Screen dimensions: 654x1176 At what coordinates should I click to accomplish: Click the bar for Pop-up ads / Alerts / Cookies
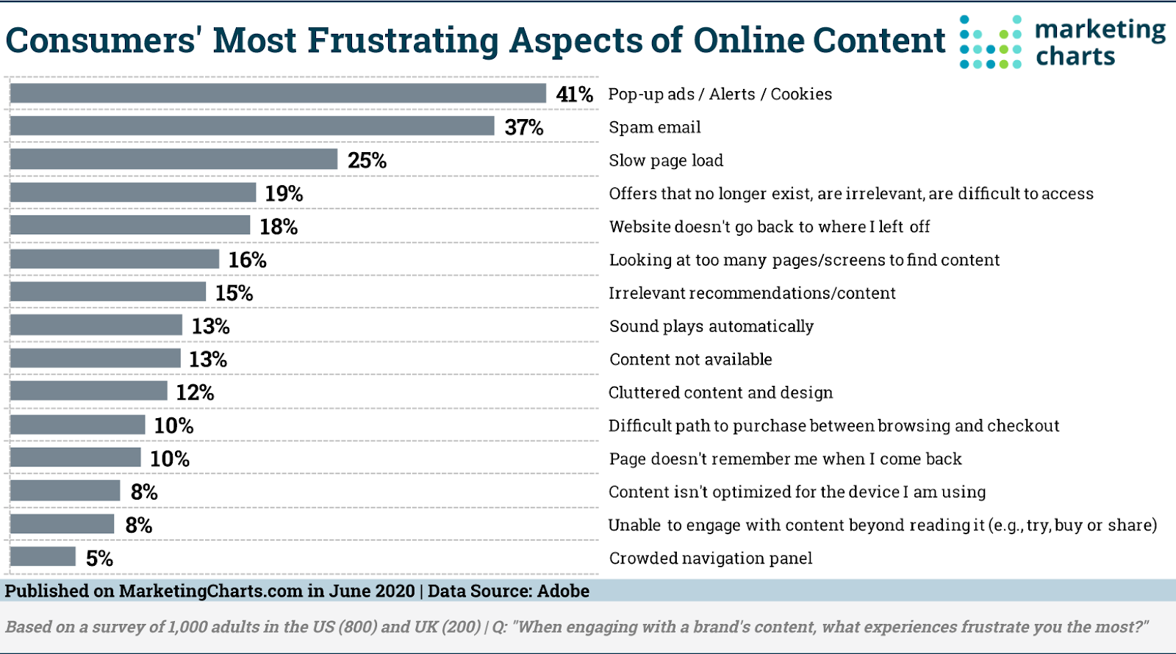tap(278, 93)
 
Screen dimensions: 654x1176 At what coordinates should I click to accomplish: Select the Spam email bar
tap(252, 126)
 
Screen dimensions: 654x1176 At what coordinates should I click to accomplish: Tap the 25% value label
tap(367, 160)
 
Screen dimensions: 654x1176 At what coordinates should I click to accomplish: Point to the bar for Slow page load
tap(173, 159)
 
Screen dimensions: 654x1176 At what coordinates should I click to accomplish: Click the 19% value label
tap(284, 193)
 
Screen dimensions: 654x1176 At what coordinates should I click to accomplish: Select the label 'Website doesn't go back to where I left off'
tap(769, 226)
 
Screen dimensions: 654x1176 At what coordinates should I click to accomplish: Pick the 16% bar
tap(115, 259)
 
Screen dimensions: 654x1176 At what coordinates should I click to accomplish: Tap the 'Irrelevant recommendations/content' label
tap(752, 293)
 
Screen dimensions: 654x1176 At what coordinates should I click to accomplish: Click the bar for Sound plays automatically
tap(96, 326)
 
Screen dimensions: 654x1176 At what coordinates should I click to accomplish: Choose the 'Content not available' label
tap(690, 359)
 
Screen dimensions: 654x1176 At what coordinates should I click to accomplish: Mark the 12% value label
tap(195, 392)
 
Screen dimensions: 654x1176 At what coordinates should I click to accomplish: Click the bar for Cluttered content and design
tap(89, 392)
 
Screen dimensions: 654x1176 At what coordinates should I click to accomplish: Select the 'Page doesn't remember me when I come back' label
tap(785, 459)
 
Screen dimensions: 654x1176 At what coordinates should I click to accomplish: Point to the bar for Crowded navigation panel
tap(43, 557)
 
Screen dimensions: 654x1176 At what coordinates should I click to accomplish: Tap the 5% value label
tap(99, 558)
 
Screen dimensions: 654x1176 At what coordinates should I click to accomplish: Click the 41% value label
tap(574, 94)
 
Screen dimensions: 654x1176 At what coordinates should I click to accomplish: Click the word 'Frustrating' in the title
tap(403, 40)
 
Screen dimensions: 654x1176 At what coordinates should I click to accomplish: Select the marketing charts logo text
tap(1100, 43)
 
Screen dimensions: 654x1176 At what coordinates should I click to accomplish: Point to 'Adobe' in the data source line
tap(563, 591)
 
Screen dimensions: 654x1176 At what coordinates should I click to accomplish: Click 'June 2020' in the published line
tap(372, 591)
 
